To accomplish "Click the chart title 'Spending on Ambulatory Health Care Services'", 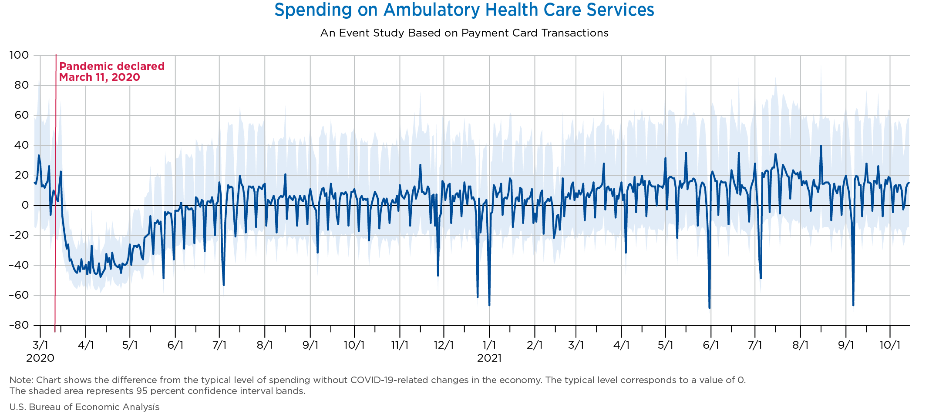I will coord(464,10).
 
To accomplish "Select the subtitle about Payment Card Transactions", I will coord(464,33).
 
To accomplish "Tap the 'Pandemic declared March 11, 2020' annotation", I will coord(111,72).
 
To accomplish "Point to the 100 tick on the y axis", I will coord(19,55).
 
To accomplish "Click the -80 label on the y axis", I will coord(19,325).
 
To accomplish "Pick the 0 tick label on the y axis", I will coord(25,205).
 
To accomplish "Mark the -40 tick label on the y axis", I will coord(19,265).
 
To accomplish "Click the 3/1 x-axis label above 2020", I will coord(40,345).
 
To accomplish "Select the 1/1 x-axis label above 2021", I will coord(489,345).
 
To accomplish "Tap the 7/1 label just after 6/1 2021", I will coord(755,345).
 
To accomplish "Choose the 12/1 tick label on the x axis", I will coord(444,345).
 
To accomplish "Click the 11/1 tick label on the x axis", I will coord(400,345).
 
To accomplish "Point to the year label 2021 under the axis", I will coord(489,358).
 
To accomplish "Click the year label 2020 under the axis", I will coord(40,358).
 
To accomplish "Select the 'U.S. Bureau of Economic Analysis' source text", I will coord(84,407).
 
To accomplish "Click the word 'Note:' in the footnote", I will coord(20,380).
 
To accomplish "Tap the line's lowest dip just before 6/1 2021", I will coord(709,308).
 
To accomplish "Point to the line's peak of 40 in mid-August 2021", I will coord(821,146).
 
